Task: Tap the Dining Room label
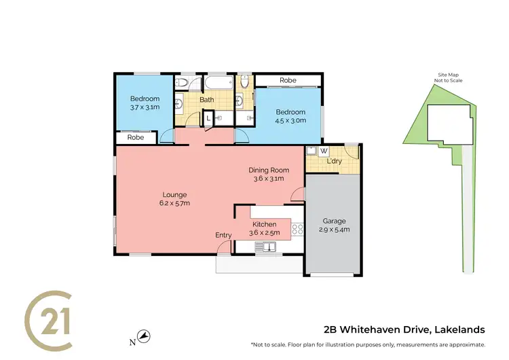tap(269, 170)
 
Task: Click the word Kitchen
tap(264, 224)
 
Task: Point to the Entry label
tap(223, 235)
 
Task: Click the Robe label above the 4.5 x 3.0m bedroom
tap(288, 80)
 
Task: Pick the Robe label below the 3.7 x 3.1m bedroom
tap(136, 137)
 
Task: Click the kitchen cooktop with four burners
tap(297, 230)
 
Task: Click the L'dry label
tap(334, 161)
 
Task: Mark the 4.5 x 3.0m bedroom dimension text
tap(290, 120)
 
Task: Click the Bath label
tap(206, 100)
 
